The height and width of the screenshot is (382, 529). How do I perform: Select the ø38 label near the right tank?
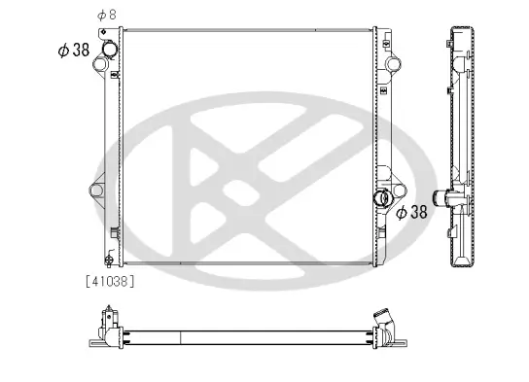410,212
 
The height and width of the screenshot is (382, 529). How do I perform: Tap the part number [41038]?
110,281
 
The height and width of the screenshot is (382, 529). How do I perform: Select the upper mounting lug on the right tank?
393,67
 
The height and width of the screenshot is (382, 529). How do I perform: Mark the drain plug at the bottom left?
109,260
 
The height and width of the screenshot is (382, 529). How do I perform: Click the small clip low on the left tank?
114,233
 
